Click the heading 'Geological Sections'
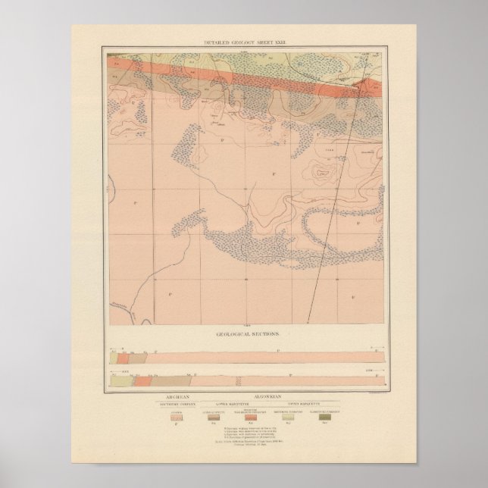pos(244,333)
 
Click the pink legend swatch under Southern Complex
pos(177,417)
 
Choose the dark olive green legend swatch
pos(324,417)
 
